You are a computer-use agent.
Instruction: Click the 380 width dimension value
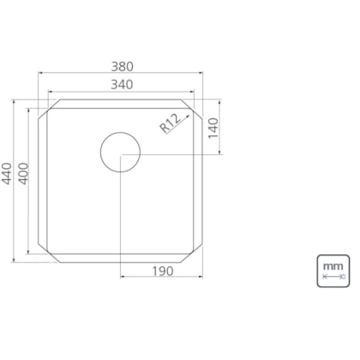point(122,67)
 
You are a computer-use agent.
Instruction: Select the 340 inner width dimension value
point(122,85)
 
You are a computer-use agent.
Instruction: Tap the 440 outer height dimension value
point(7,173)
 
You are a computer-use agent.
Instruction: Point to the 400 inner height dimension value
point(23,173)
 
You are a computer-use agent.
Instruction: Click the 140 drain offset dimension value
point(213,129)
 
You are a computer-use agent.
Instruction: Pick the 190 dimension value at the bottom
point(162,271)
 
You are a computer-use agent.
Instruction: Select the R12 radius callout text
point(171,123)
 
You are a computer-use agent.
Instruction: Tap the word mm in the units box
point(333,267)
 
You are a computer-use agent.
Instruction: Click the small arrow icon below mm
point(333,277)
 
